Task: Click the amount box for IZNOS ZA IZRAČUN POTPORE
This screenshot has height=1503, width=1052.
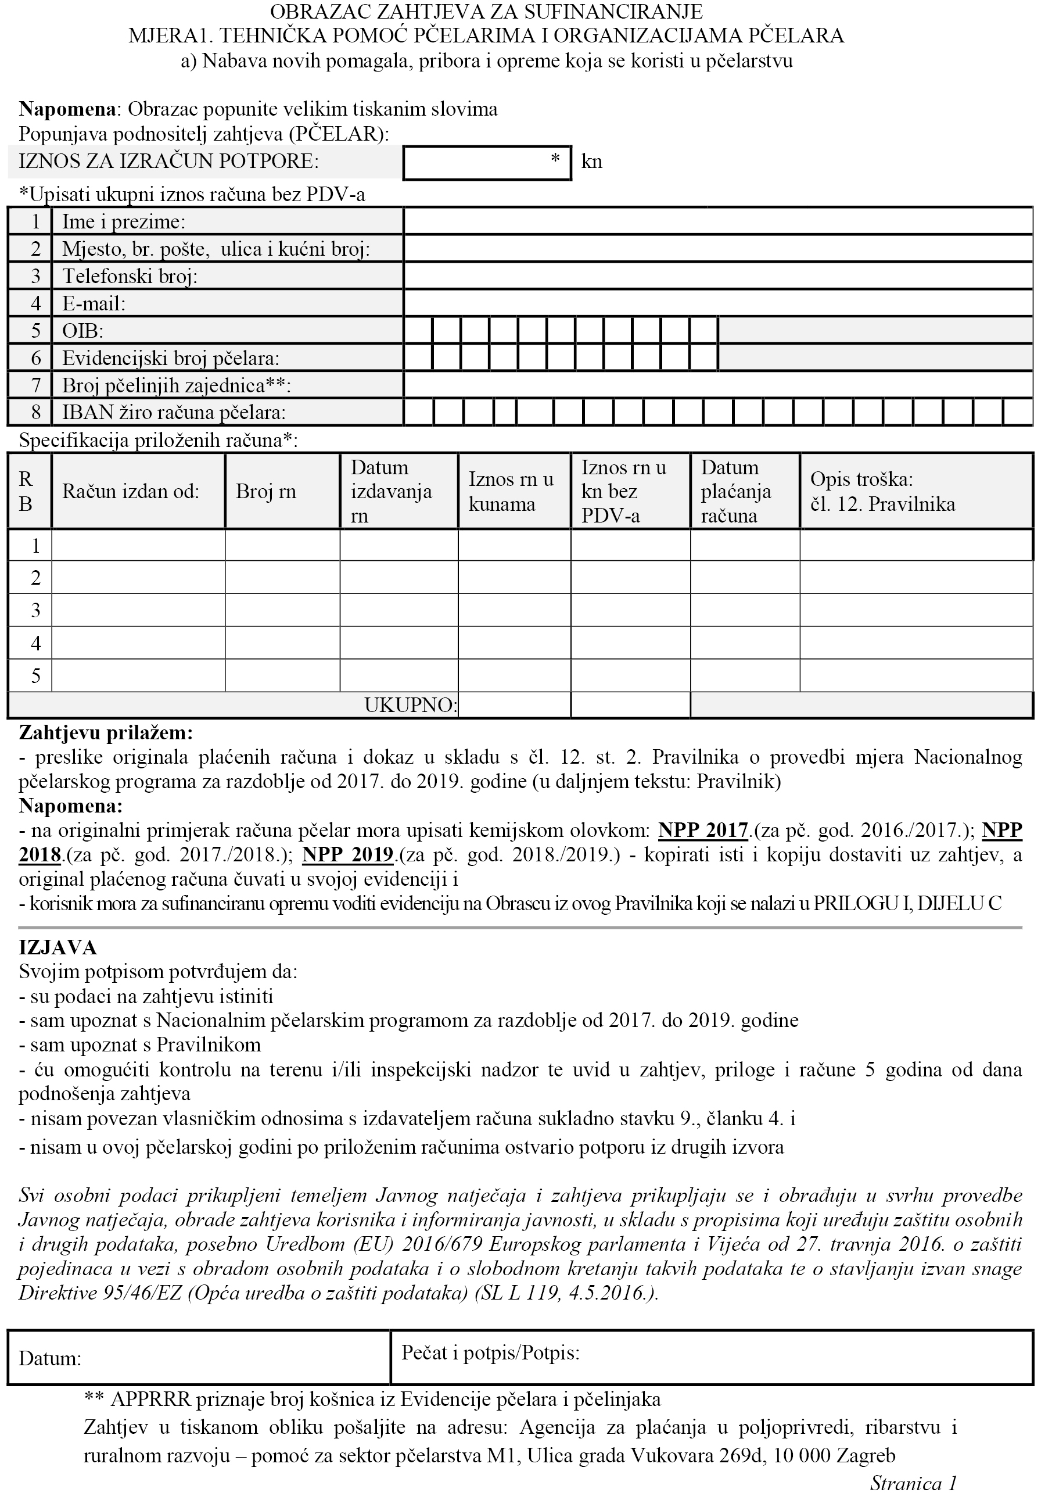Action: coord(487,163)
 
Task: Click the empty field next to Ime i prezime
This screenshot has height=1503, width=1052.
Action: coord(717,221)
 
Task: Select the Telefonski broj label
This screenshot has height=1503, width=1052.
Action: coord(130,276)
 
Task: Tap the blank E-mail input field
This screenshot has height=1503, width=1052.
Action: coord(717,303)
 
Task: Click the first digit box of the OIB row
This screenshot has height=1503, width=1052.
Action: coord(418,330)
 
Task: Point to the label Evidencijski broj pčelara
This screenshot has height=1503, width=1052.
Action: coord(170,358)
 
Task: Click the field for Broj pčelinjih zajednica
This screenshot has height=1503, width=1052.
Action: coord(717,384)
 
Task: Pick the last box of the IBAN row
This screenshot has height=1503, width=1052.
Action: coord(1017,413)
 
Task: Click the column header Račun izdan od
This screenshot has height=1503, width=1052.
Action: coord(130,491)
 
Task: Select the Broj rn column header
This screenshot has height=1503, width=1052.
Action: coord(266,491)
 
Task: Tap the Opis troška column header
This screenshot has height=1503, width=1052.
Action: coord(882,491)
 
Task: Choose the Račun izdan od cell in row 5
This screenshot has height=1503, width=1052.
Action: coord(138,675)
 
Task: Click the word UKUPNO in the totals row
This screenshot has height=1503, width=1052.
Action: coord(410,705)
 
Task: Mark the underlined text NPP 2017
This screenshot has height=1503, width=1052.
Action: coord(703,830)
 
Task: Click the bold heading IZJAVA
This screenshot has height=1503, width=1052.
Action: coord(58,947)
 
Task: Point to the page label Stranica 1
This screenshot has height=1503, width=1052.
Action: coord(913,1483)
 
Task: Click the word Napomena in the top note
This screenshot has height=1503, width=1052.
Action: coord(67,109)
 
